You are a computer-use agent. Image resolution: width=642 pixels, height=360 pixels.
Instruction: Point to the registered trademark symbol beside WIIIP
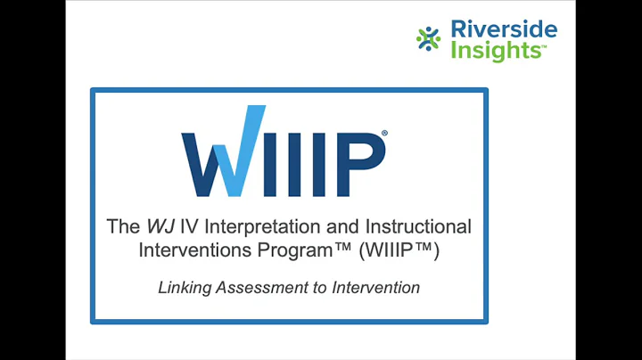[x=384, y=134]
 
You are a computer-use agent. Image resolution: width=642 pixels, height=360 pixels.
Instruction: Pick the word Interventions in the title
[x=189, y=250]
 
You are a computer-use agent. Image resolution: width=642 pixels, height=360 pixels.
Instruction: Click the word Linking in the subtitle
[x=182, y=288]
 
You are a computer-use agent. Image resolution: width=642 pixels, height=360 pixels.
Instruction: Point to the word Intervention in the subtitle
[x=369, y=288]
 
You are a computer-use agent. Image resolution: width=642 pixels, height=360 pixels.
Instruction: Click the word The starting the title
[x=123, y=226]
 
